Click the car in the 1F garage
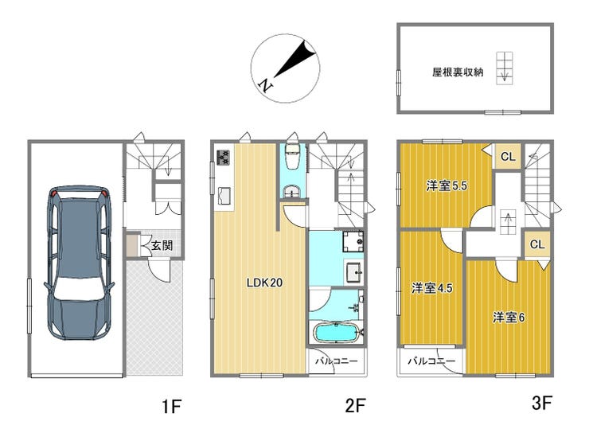tap(79, 262)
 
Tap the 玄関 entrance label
tap(162, 245)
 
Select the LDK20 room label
tap(264, 283)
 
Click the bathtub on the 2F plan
tap(335, 333)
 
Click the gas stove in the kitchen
tap(223, 157)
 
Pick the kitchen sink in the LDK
tap(224, 196)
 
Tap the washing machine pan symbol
tap(353, 241)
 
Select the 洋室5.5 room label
tap(447, 185)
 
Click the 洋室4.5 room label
tap(431, 288)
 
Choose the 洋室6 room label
tap(509, 318)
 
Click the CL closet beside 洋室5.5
tap(508, 157)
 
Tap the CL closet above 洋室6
tap(537, 244)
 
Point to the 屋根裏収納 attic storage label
tap(458, 72)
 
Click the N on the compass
tap(267, 85)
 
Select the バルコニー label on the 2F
tap(337, 361)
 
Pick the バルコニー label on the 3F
tap(431, 361)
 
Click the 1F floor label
tap(172, 407)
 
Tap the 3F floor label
tap(542, 404)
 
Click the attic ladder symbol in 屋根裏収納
tap(505, 68)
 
